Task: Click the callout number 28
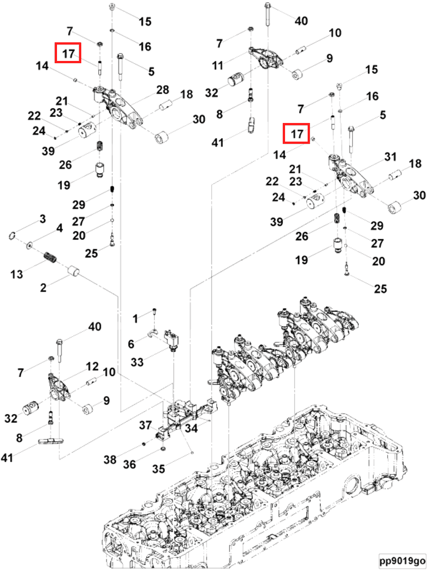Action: (163, 90)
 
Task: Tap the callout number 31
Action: (391, 156)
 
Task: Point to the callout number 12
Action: (92, 367)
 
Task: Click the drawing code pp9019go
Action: (402, 562)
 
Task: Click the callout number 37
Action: (146, 425)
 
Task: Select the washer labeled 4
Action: (29, 245)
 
